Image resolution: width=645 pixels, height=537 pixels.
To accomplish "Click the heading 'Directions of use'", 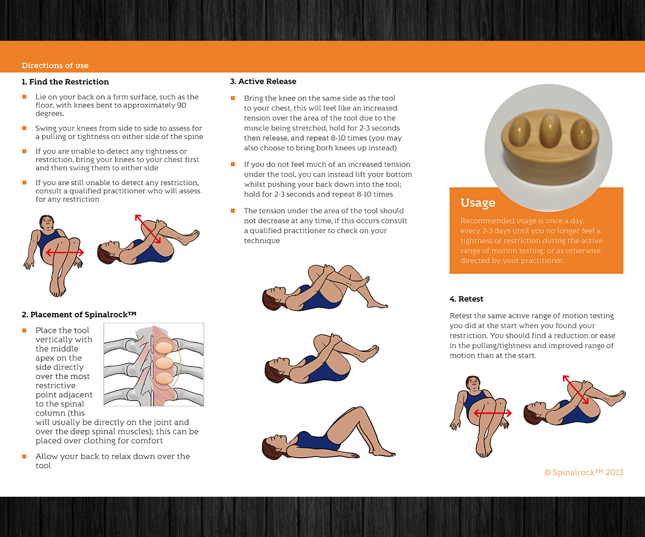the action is pos(55,66).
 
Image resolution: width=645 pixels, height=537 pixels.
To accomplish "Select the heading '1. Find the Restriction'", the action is pos(65,82).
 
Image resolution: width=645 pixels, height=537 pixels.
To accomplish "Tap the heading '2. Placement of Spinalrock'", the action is pos(79,315).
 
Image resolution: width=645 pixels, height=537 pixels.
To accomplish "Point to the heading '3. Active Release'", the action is pos(263,82).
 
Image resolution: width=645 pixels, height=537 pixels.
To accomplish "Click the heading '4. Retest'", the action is pos(466,299).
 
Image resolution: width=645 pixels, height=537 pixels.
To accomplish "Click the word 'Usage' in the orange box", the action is pos(478,203).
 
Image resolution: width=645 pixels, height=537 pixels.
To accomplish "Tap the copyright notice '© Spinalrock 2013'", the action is pos(584,473).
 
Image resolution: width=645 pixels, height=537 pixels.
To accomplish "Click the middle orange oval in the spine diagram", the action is pos(164,363).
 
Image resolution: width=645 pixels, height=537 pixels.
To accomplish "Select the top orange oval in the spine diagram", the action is pos(164,348).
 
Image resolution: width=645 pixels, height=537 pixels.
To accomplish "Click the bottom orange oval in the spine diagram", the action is pos(164,379).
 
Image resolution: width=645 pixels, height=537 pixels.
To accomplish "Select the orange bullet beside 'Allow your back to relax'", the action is pos(24,456).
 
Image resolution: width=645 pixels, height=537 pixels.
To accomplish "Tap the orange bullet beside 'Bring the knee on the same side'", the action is pos(233,98).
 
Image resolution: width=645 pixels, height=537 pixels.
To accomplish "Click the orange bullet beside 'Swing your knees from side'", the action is pos(24,128).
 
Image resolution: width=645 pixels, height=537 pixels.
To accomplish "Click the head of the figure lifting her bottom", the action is pos(271,447).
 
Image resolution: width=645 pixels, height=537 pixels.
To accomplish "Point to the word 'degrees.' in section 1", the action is pos(50,114).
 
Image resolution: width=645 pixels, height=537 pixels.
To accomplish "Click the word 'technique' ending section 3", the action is pos(262,241).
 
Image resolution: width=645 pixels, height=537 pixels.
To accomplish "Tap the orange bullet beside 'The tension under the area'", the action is pos(233,211).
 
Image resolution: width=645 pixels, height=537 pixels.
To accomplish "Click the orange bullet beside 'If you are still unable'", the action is pos(24,183).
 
